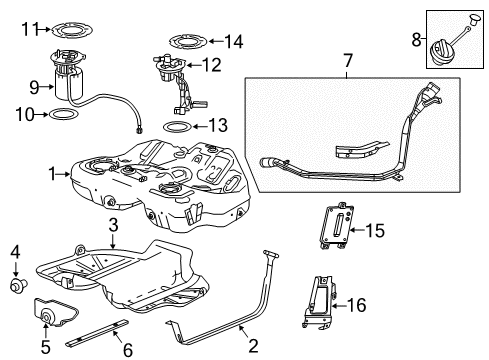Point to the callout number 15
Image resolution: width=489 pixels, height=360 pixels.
click(x=375, y=231)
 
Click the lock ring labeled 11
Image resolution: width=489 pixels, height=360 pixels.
click(x=71, y=29)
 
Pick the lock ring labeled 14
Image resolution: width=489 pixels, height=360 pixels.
click(x=187, y=41)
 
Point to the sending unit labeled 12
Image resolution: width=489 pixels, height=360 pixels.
click(x=174, y=75)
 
